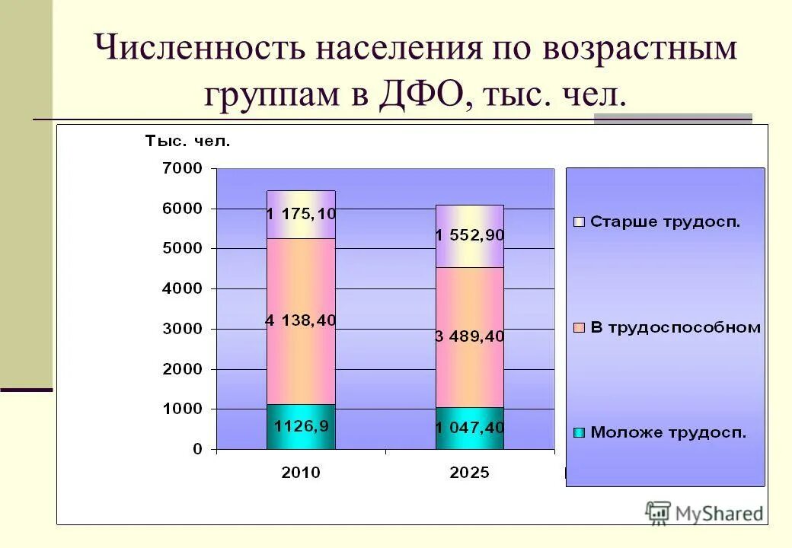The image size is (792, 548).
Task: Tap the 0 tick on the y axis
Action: point(196,449)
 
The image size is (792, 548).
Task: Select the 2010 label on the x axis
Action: point(301,473)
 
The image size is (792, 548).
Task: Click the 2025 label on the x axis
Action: point(469,473)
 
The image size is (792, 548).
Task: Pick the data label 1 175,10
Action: point(301,214)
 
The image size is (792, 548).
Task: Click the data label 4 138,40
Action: point(301,321)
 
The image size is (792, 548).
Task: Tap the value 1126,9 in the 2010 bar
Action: point(302,426)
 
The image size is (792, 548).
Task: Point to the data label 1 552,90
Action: point(470,236)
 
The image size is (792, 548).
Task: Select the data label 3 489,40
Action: point(470,336)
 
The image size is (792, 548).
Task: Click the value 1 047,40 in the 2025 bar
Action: point(470,429)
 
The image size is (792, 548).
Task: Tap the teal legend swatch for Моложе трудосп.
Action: point(580,433)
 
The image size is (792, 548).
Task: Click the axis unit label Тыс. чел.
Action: point(187,141)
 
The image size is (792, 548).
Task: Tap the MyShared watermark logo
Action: point(704,513)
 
